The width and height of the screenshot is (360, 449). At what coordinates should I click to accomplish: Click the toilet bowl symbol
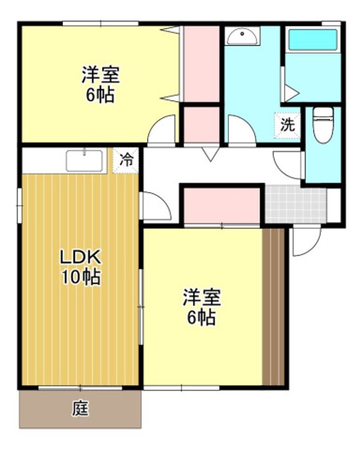tap(323, 125)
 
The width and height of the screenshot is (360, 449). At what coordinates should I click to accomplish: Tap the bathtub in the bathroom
tap(313, 40)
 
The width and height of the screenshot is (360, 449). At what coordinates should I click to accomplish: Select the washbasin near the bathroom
tap(242, 36)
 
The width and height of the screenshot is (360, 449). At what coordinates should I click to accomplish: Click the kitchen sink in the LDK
tap(84, 161)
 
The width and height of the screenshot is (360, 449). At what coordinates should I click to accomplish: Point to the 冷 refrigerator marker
tap(126, 160)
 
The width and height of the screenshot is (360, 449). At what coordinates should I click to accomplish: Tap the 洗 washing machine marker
tap(287, 125)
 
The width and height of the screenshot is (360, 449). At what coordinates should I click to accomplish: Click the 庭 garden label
tap(80, 408)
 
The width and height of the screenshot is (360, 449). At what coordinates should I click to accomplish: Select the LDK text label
tap(80, 256)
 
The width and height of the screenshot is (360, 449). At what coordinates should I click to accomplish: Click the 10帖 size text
tap(81, 277)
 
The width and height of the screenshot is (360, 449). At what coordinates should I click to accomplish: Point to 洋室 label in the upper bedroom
tap(100, 75)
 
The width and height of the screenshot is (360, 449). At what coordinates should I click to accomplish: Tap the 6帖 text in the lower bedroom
tap(202, 317)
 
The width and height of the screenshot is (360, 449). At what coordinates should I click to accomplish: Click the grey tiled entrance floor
tap(296, 204)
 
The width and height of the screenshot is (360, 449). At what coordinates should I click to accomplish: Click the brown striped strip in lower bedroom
tap(273, 307)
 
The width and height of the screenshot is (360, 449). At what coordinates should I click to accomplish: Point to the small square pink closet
tap(202, 125)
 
